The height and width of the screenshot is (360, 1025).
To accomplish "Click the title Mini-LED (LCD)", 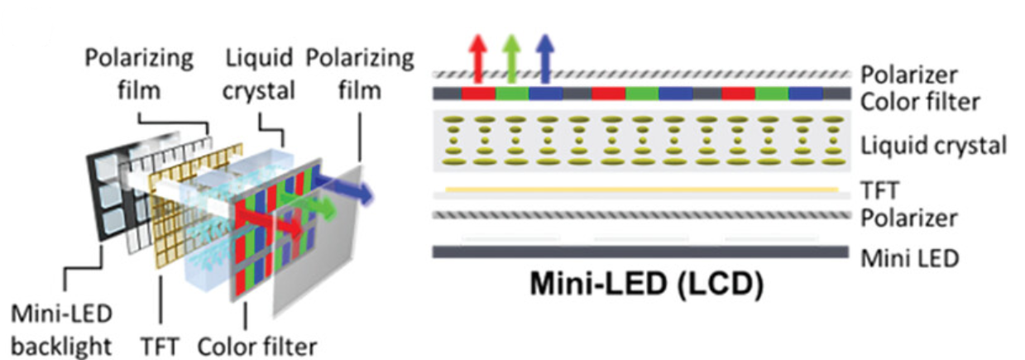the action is point(647,285).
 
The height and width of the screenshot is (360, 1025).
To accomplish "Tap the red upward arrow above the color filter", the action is point(477,59).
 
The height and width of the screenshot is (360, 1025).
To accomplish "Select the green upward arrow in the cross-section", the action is point(511,59).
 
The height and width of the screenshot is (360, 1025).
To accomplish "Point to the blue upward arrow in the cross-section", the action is point(544,59).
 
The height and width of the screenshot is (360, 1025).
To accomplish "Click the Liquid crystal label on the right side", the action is point(933,146).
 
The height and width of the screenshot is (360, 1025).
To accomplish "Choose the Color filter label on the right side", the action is point(920,102).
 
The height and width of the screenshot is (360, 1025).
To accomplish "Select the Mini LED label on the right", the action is point(910,258).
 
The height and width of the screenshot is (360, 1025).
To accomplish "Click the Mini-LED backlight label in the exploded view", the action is point(61,329).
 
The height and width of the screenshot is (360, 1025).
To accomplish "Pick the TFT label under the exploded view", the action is point(160,347).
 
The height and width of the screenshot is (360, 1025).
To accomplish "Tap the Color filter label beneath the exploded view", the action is point(257,347).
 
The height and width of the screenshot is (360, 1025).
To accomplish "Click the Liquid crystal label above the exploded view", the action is point(259,74).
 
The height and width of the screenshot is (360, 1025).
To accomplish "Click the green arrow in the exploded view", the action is point(308,204).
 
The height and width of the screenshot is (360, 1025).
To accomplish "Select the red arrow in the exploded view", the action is point(271,222).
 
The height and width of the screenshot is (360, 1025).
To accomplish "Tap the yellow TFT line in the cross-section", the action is point(641,189).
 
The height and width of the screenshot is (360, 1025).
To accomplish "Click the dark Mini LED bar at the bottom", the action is point(640,252).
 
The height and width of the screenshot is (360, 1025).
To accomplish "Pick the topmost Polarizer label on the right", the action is point(909,75).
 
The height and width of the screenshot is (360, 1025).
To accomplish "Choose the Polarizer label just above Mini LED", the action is point(909,218).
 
